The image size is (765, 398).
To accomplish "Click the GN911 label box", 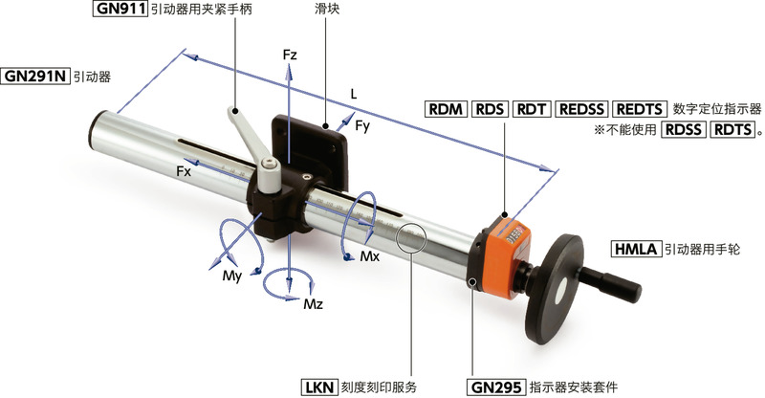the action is coord(120,9).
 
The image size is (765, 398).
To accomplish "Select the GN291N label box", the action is coord(34,77).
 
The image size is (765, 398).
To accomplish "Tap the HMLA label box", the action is coord(636,249).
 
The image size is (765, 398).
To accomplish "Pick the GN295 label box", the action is coord(496,387).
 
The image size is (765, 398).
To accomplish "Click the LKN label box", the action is coord(319,387).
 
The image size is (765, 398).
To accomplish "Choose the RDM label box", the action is coord(446,109).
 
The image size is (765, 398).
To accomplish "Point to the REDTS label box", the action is coord(639,109).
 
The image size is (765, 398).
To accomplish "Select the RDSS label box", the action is coord(683,129).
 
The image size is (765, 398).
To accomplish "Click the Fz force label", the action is coord(290,55).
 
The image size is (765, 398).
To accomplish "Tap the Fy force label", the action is coord(362,126).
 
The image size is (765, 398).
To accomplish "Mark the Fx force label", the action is coord(184,171).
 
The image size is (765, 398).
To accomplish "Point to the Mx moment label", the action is coord(370,255).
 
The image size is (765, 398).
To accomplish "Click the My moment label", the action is coord(232,276).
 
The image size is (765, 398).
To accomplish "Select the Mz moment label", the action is coord(313,304).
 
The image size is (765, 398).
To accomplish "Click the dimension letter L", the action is coord(354,95).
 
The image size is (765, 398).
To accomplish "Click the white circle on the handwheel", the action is coord(562,292).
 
